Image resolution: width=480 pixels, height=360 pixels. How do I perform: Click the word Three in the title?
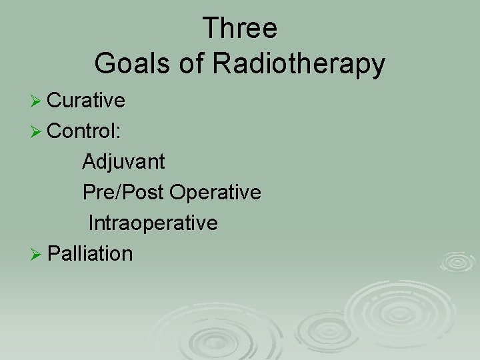(x=240, y=29)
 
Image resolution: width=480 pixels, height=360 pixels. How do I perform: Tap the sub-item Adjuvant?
(x=124, y=162)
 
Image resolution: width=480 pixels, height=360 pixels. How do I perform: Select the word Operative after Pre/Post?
(x=215, y=193)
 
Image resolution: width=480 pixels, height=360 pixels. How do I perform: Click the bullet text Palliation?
(x=91, y=254)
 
